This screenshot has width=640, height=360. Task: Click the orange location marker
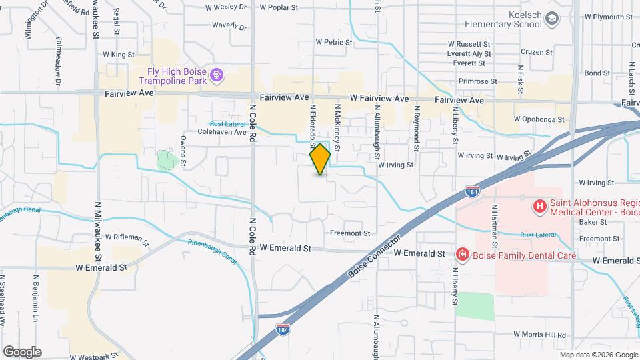[x=320, y=159]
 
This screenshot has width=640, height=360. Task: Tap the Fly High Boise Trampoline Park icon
[x=216, y=75]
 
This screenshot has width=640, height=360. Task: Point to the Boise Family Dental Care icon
[x=461, y=254]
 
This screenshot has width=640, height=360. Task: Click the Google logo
[x=21, y=351]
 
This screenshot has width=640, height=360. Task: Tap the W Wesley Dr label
[x=225, y=7]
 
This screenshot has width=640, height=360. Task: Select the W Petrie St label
[x=333, y=41]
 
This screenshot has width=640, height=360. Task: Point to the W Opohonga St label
[x=539, y=119]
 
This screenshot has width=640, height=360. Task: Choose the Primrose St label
[x=474, y=81]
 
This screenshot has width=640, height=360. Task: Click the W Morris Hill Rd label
[x=539, y=335]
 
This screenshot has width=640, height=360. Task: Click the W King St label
[x=119, y=54]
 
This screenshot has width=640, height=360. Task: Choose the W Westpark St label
[x=93, y=357]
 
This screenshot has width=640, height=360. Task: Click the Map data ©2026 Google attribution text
[x=598, y=355]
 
